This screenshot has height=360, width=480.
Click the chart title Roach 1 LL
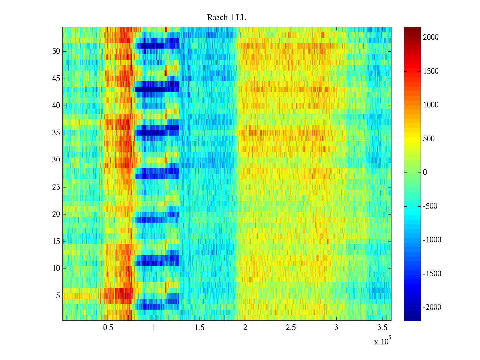pyautogui.click(x=226, y=18)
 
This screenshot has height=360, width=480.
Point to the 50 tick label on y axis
pyautogui.click(x=56, y=51)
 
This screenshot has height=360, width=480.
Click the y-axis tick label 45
pyautogui.click(x=56, y=79)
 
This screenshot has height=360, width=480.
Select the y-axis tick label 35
pyautogui.click(x=56, y=133)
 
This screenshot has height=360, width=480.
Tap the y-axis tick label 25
pyautogui.click(x=56, y=187)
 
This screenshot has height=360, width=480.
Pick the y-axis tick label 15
pyautogui.click(x=56, y=241)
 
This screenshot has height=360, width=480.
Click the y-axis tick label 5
pyautogui.click(x=58, y=296)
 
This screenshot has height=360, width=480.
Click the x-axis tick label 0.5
pyautogui.click(x=108, y=328)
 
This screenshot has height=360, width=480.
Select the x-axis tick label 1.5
pyautogui.click(x=199, y=328)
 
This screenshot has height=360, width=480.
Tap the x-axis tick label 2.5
pyautogui.click(x=291, y=328)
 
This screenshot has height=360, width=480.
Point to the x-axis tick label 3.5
pyautogui.click(x=382, y=328)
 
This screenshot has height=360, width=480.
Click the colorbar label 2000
pyautogui.click(x=431, y=37)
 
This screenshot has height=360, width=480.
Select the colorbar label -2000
pyautogui.click(x=432, y=307)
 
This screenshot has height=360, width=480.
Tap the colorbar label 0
pyautogui.click(x=425, y=172)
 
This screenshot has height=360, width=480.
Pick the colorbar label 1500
pyautogui.click(x=431, y=71)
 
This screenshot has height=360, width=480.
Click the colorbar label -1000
pyautogui.click(x=432, y=240)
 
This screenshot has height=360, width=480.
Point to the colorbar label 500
pyautogui.click(x=429, y=139)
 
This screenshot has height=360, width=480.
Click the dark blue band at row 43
pyautogui.click(x=150, y=89)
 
